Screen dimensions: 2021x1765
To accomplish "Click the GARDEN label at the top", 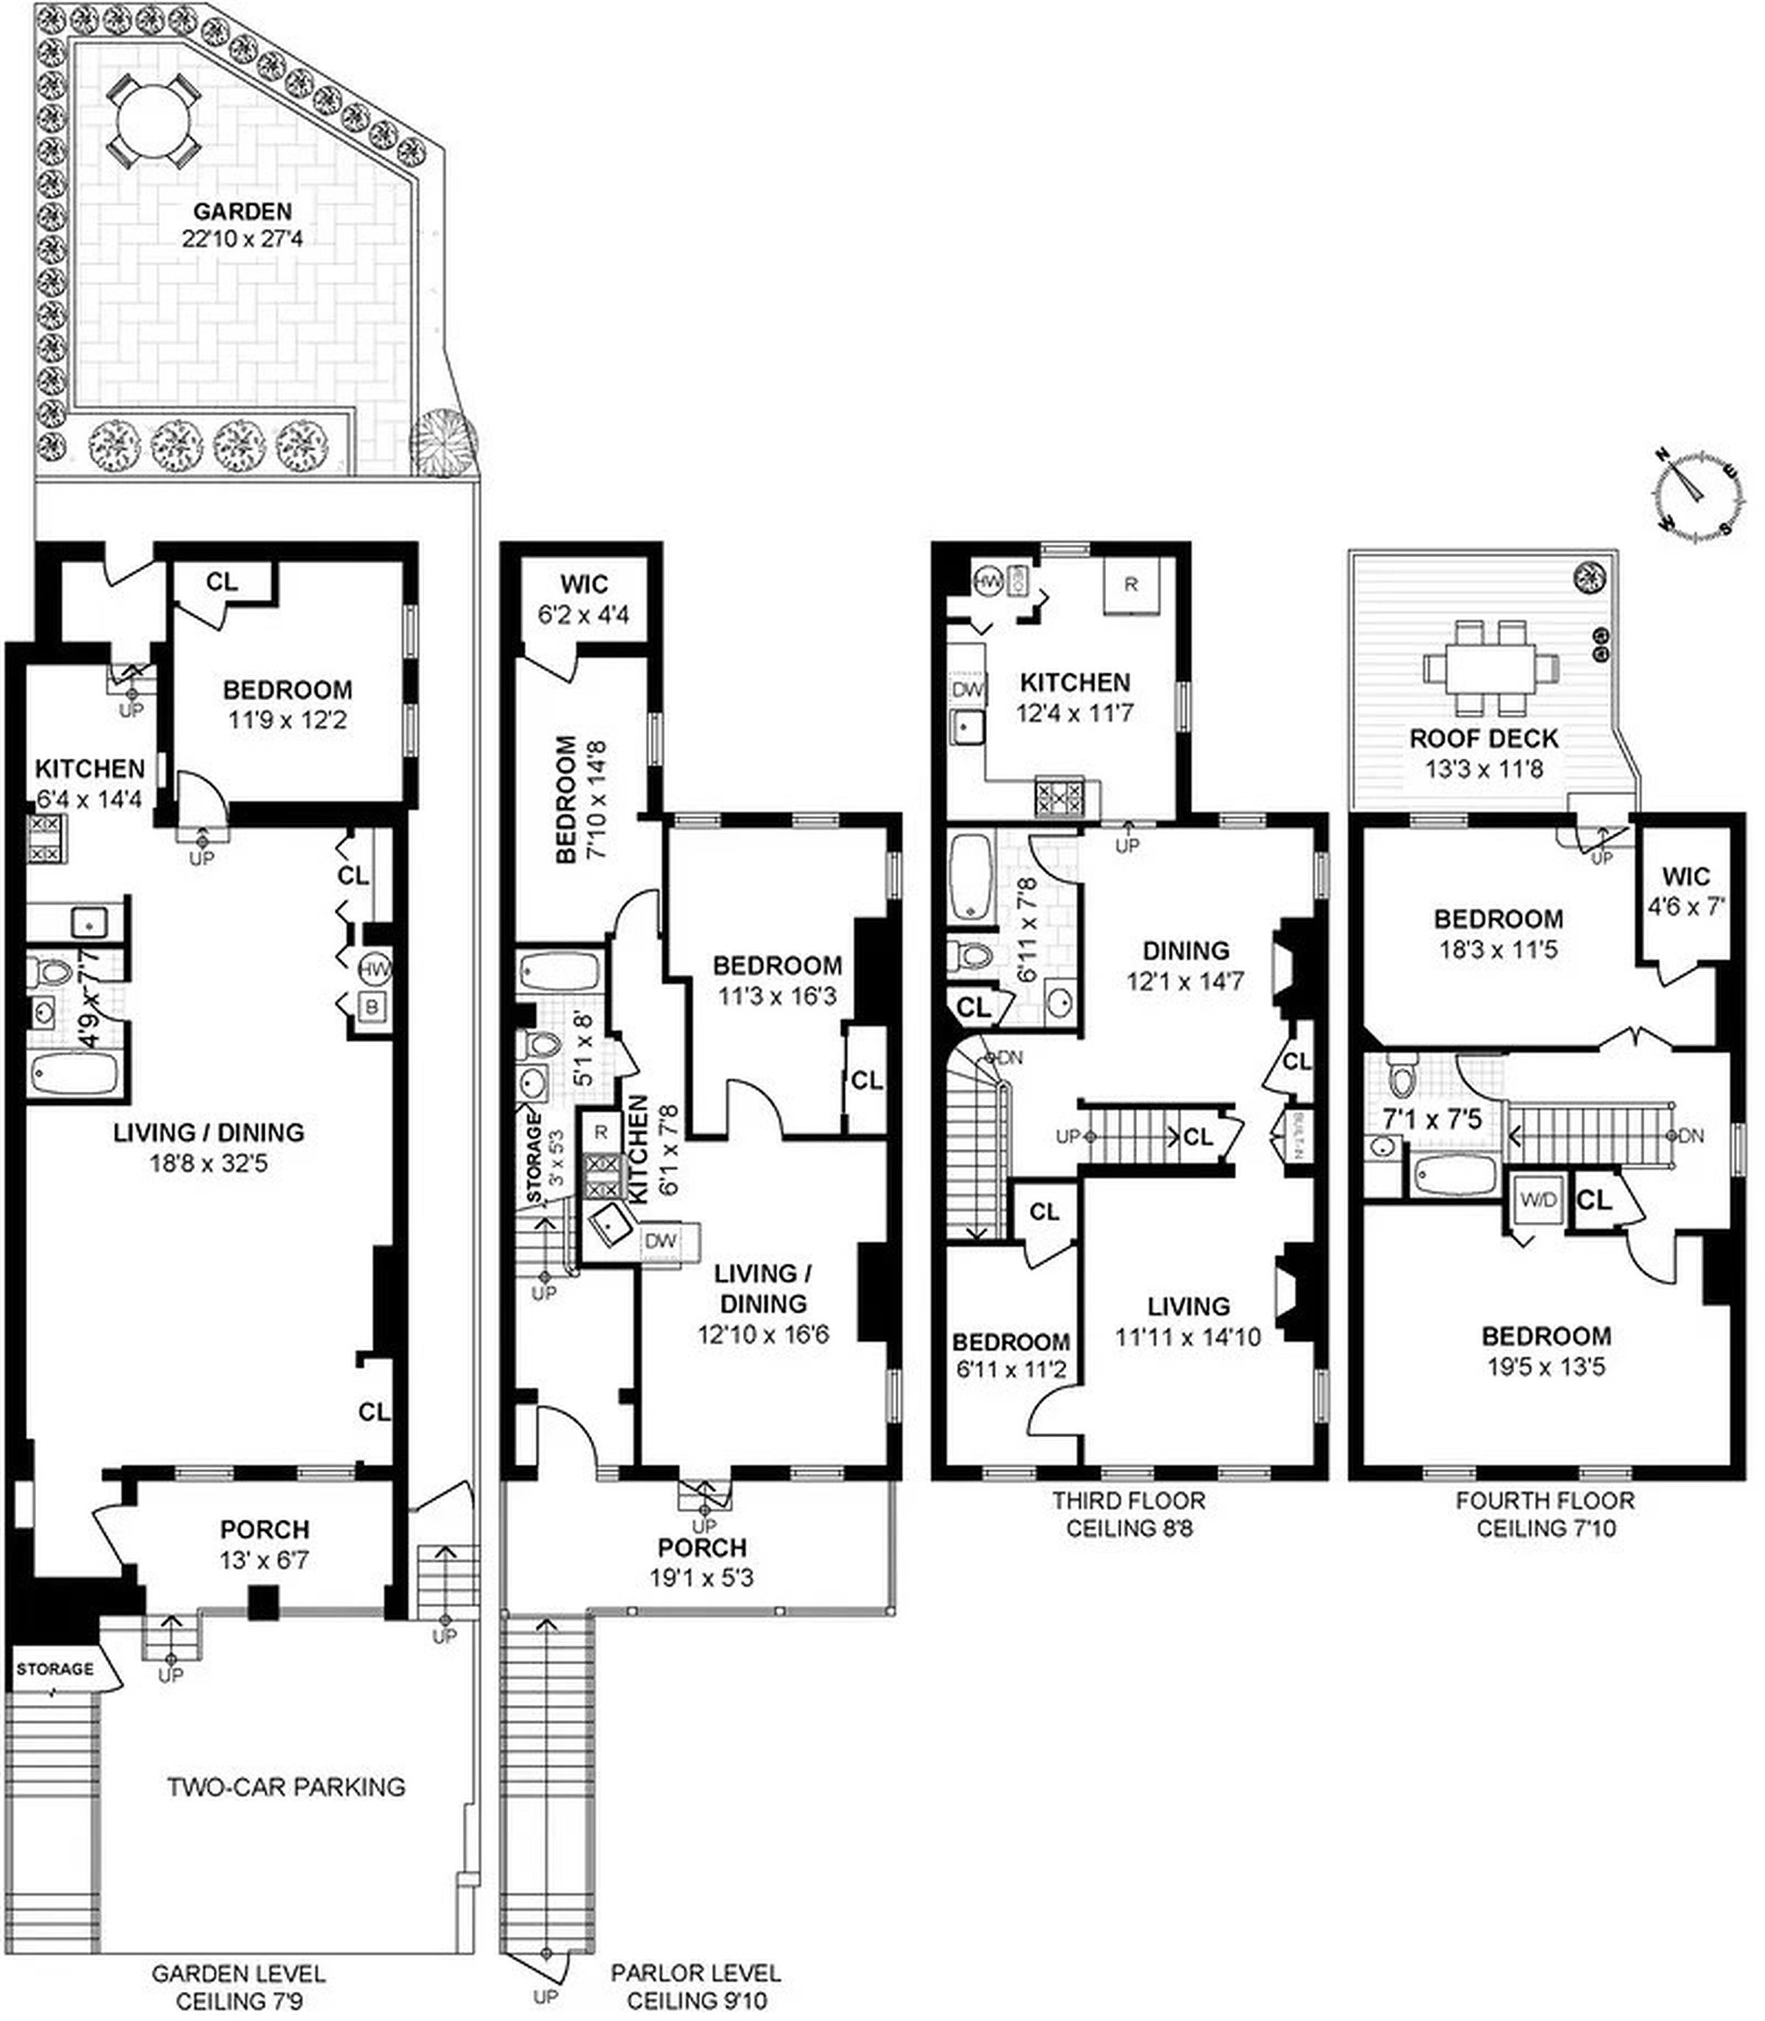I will [x=242, y=211].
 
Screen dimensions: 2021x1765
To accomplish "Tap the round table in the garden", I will [x=154, y=121].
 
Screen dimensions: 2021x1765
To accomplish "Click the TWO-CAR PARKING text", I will [x=286, y=1787].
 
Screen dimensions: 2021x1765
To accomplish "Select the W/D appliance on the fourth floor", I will [x=1539, y=1200].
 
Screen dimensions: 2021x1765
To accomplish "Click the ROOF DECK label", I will [x=1483, y=738].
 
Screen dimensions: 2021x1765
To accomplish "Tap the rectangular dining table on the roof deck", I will [x=1490, y=667].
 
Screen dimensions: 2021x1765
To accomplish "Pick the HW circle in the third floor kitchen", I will [x=987, y=582].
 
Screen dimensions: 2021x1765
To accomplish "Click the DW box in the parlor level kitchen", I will [x=660, y=1241].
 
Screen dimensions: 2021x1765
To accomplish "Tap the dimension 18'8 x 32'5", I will [x=208, y=1163].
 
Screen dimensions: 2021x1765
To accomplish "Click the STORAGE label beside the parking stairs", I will [x=55, y=1669].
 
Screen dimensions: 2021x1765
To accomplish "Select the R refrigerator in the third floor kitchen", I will [x=1130, y=584].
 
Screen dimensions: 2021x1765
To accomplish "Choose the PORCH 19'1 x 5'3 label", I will [x=703, y=1562].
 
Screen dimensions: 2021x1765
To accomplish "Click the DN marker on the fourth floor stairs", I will [x=1690, y=1137].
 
